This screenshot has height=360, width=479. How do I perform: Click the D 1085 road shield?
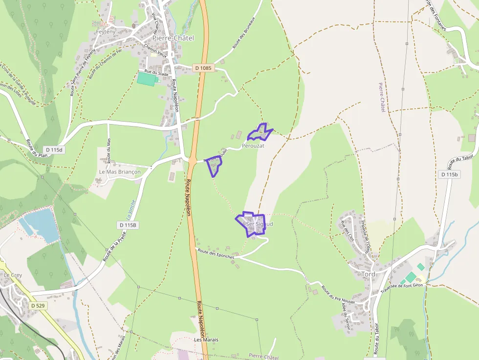tap(203, 68)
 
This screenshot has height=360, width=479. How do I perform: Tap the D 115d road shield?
tap(53, 149)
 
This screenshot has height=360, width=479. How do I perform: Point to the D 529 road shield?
tap(37, 305)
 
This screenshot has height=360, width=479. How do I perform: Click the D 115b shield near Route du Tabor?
tap(449, 174)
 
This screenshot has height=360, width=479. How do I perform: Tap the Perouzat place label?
tap(253, 146)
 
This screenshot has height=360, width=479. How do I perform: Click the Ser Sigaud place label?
tap(259, 224)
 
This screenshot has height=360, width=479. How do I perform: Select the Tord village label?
tap(369, 274)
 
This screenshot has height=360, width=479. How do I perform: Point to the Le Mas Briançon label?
tap(120, 172)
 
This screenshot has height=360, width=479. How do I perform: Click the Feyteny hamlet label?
tap(105, 31)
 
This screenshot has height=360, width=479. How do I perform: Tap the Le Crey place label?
tap(13, 275)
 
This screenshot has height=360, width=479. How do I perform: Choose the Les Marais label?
tap(206, 339)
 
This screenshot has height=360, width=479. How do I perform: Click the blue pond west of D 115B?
tap(40, 224)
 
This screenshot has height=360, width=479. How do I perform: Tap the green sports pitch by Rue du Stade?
tap(147, 79)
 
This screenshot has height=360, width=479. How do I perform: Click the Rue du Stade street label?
tap(156, 73)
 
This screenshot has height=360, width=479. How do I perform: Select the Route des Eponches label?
tap(215, 253)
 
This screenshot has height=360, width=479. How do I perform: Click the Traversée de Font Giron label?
tap(400, 289)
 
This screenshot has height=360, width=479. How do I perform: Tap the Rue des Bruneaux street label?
tap(238, 37)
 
